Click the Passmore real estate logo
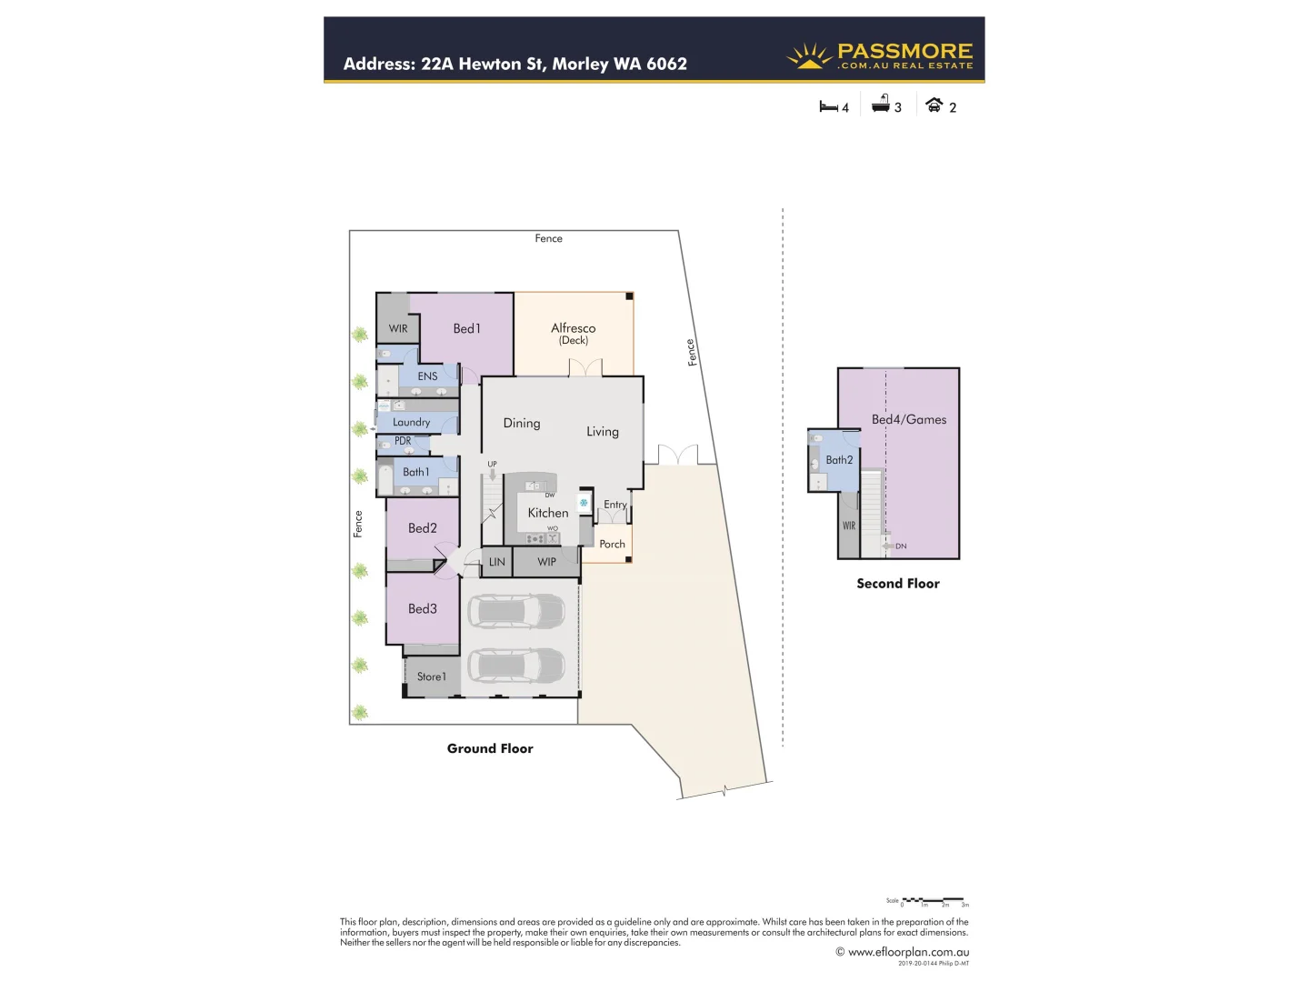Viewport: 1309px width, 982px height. tap(879, 56)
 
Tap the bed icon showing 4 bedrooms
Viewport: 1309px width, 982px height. tap(828, 106)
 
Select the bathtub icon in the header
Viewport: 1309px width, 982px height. tap(880, 105)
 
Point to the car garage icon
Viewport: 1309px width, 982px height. tap(934, 105)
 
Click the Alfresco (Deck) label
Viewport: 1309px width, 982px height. tap(573, 333)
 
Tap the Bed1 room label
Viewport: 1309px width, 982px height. tap(466, 328)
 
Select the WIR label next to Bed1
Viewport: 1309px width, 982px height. tap(398, 328)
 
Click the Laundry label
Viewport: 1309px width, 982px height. tap(411, 422)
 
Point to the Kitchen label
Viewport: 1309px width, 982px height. tap(547, 513)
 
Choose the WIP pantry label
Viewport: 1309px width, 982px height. tap(546, 562)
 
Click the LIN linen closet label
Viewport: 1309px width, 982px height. tap(496, 562)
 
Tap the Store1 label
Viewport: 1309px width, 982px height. tap(431, 676)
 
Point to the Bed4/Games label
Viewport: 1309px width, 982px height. tap(909, 419)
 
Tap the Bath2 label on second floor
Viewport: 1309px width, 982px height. tap(839, 460)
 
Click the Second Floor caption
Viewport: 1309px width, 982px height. tap(897, 584)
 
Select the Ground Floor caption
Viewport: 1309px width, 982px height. tap(490, 748)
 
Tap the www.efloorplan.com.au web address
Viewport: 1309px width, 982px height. tap(907, 952)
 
